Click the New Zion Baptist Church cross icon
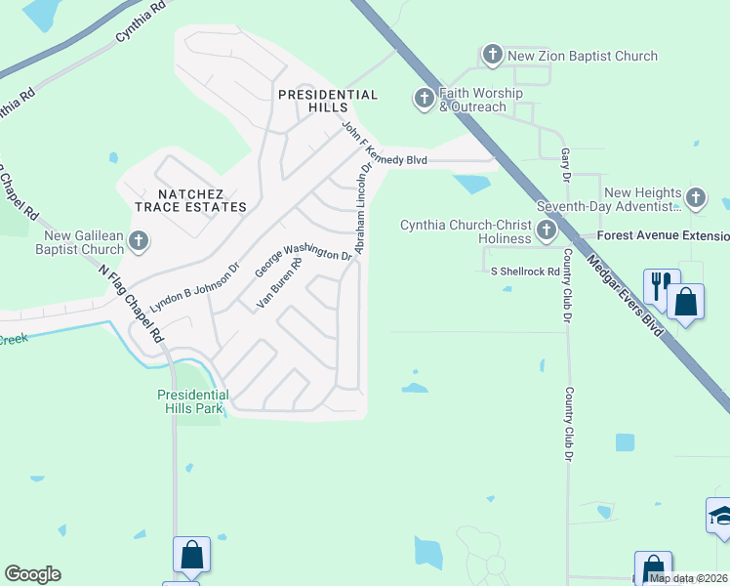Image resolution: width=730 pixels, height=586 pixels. (493, 56)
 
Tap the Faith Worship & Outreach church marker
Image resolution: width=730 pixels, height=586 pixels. (424, 99)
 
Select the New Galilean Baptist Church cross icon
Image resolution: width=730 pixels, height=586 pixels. (139, 240)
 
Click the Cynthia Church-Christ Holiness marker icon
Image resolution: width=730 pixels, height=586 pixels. (546, 230)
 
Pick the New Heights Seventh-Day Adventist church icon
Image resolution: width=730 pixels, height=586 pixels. (695, 198)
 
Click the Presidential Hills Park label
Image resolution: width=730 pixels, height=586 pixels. (193, 401)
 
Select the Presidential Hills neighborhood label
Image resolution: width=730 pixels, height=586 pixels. (327, 101)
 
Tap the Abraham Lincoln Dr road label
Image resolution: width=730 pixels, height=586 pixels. (365, 208)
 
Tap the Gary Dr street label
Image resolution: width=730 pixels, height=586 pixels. (565, 166)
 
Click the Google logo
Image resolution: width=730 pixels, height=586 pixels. (32, 574)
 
